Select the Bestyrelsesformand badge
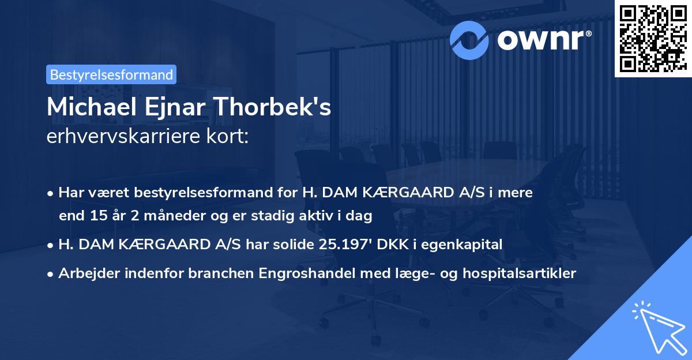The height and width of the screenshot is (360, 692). point(111,74)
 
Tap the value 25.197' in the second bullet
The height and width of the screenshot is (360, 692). point(340,245)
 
